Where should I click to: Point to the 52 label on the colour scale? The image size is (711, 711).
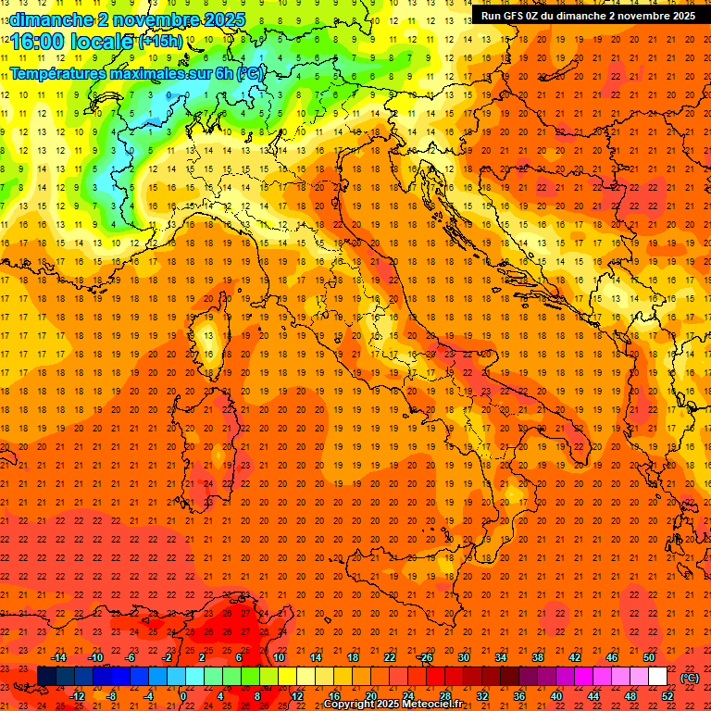click(667, 696)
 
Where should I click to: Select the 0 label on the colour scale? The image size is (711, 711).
click(183, 696)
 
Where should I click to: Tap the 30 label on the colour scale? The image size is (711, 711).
click(463, 657)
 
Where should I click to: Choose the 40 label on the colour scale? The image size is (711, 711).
click(555, 696)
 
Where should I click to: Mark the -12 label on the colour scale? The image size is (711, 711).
click(77, 696)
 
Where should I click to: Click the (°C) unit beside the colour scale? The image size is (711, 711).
click(690, 678)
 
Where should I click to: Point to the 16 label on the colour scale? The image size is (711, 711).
click(333, 696)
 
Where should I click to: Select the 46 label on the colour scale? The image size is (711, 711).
click(611, 657)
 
